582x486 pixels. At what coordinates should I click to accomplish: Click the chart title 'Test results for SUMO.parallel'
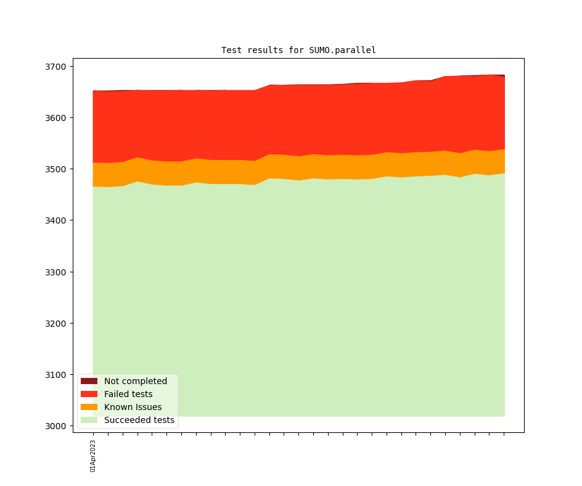[298, 50]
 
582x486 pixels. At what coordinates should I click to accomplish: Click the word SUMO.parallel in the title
[342, 50]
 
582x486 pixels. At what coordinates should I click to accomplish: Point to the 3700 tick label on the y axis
[56, 67]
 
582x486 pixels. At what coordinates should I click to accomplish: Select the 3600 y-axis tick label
[56, 118]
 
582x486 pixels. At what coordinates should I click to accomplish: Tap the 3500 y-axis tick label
[56, 169]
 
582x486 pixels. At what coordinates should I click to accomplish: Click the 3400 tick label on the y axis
[56, 220]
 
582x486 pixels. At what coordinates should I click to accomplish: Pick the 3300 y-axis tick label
[56, 272]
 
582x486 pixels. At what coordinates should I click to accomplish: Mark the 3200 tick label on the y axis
[56, 324]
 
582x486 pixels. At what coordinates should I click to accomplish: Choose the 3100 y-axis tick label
[56, 375]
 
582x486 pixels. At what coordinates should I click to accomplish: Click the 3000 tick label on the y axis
[56, 426]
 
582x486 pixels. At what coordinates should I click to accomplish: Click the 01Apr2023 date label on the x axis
[93, 456]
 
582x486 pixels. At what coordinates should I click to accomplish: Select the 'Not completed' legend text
[136, 381]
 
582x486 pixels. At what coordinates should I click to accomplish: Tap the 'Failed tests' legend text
[128, 394]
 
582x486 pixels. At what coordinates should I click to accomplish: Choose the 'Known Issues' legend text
[133, 407]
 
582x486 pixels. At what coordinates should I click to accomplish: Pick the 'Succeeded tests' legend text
[139, 420]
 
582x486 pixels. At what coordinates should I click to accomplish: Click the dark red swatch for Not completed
[89, 381]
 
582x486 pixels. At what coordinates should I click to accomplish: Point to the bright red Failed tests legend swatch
[89, 394]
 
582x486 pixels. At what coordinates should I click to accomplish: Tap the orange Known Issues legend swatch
[89, 407]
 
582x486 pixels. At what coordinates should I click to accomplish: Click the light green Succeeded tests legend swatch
[89, 420]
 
